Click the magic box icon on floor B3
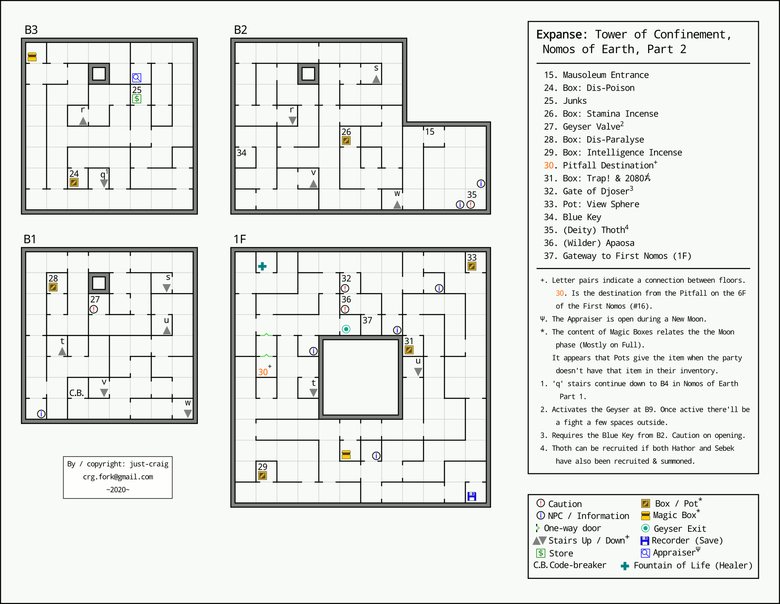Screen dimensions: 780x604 32,57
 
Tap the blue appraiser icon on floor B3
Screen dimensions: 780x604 137,77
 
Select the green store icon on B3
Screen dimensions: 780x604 137,99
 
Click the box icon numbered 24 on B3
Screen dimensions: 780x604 74,182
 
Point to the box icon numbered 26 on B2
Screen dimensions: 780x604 346,141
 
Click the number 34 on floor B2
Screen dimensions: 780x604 242,153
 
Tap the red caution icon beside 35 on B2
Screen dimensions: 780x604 471,205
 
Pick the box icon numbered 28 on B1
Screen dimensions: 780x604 53,287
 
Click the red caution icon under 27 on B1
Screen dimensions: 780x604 94,309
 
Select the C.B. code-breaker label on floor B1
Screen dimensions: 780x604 77,393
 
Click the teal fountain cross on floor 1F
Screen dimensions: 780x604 262,266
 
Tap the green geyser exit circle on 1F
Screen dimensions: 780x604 346,329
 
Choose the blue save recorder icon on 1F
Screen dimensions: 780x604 471,496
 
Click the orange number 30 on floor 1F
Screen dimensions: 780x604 263,372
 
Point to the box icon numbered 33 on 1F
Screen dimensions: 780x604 471,266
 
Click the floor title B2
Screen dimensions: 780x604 240,30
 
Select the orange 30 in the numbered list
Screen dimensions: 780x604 549,165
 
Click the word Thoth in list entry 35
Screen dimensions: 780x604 613,230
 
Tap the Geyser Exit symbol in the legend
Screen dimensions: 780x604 646,528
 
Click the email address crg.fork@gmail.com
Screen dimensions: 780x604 118,477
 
